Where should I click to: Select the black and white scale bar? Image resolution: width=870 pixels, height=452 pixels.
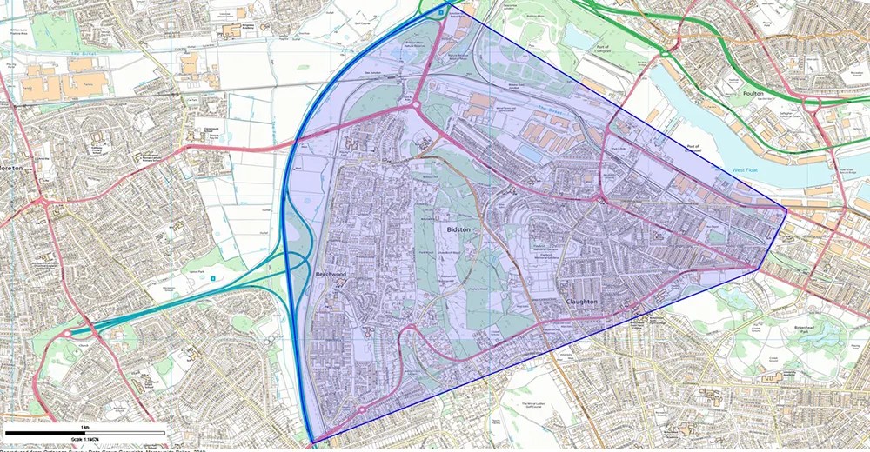[84, 432]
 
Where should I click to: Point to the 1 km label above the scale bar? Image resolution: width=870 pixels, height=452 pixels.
[84, 427]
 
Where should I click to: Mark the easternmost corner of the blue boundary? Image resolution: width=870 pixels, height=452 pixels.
[786, 209]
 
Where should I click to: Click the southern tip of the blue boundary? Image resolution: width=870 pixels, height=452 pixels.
[312, 442]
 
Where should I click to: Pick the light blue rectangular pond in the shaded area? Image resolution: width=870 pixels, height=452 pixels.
[529, 153]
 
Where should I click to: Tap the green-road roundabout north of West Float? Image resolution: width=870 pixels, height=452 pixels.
[812, 102]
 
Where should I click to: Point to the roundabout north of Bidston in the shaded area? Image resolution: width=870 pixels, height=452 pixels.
[417, 108]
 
